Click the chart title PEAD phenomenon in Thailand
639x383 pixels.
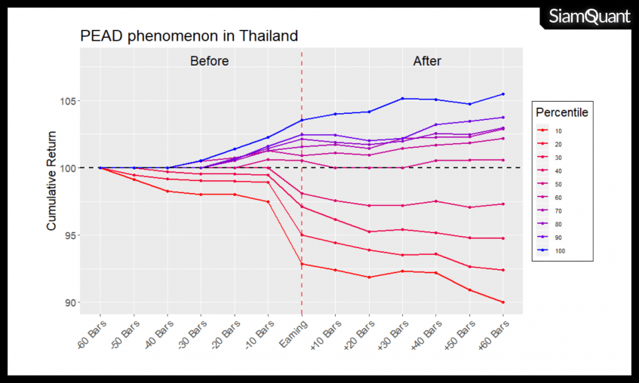click(x=189, y=35)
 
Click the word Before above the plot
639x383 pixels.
click(x=209, y=61)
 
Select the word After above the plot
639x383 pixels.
click(x=427, y=61)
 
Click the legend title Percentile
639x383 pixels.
click(x=561, y=112)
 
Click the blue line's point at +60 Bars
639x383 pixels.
click(x=502, y=94)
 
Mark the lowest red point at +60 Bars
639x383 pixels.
click(x=502, y=302)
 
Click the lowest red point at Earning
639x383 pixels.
click(x=302, y=264)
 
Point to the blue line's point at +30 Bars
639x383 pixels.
click(x=402, y=99)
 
